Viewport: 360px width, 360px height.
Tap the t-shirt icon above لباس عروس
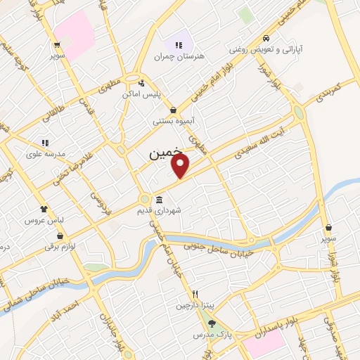[44, 209]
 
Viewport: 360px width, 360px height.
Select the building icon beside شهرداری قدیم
[160, 199]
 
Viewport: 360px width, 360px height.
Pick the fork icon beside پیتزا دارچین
[196, 295]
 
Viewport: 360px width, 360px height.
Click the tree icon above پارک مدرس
[212, 323]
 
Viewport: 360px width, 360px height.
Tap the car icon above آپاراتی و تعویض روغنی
[266, 38]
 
